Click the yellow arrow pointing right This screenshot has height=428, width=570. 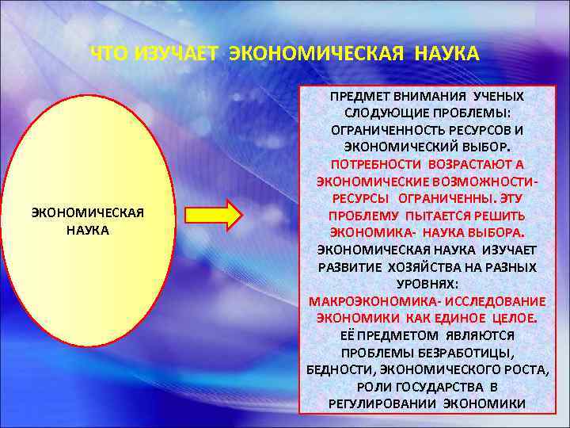click(213, 215)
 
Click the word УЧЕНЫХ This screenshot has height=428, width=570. click(492, 96)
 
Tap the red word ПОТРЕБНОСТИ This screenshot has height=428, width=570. click(376, 164)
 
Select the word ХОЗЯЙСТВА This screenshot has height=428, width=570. click(423, 267)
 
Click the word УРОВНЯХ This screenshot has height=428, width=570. click(427, 284)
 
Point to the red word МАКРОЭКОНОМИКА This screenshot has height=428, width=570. click(374, 301)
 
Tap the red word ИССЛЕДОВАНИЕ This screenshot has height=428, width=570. click(496, 301)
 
